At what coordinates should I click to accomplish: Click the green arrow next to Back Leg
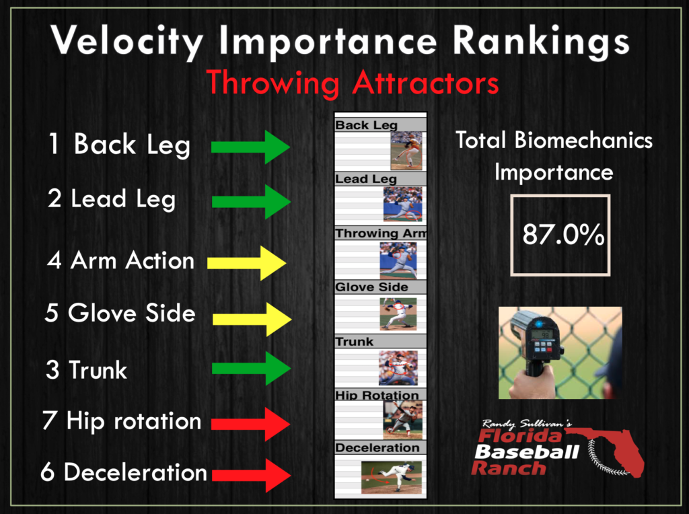tap(250, 147)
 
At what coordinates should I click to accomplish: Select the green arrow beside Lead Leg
tap(252, 202)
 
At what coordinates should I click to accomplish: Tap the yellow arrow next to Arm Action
tap(246, 262)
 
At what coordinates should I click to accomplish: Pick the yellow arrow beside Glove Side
tap(252, 319)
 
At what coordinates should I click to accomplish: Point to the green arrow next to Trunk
tap(252, 368)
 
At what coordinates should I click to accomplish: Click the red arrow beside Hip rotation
tap(250, 424)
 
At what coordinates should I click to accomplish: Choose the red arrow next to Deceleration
tap(252, 475)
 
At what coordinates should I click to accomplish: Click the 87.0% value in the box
tap(563, 234)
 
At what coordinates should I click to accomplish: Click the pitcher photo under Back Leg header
tap(406, 151)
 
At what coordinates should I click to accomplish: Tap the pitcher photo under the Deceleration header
tap(391, 477)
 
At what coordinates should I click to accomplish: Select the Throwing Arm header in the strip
tap(381, 233)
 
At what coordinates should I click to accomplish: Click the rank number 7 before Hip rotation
tap(49, 420)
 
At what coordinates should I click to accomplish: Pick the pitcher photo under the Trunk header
tap(398, 368)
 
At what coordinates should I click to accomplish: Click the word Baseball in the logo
tap(527, 452)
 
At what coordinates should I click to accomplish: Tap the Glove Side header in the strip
tap(371, 287)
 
